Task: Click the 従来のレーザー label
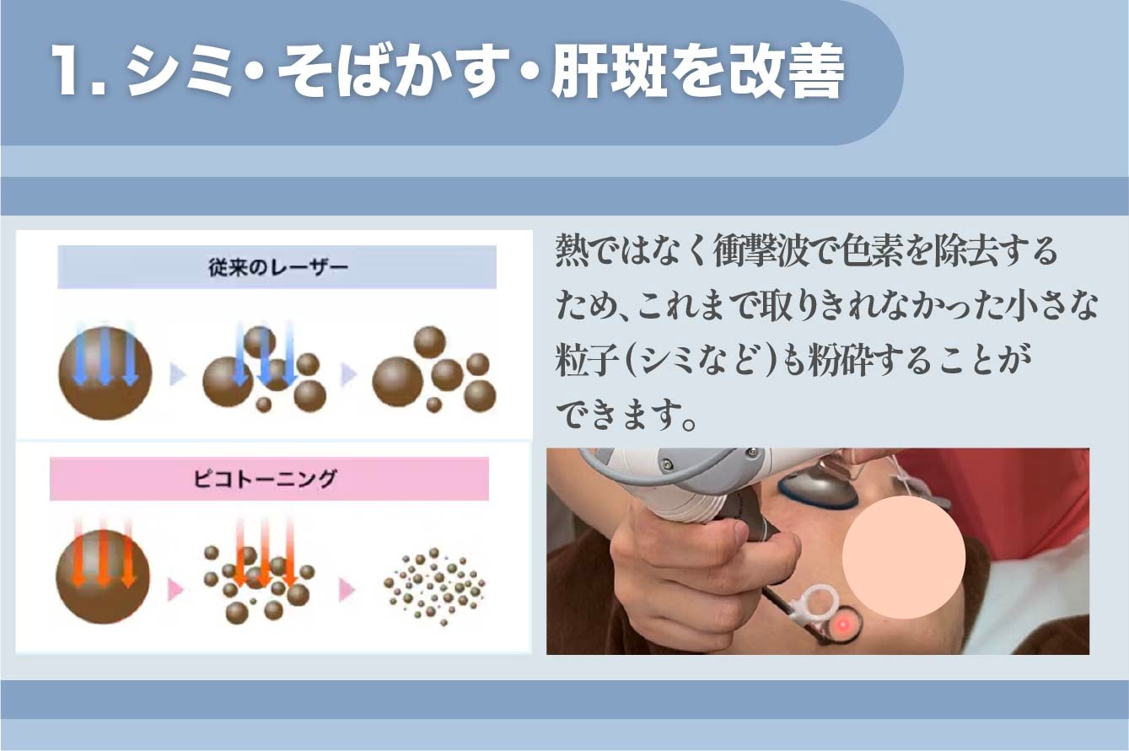pyautogui.click(x=277, y=268)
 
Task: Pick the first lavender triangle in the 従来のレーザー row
pyautogui.click(x=177, y=374)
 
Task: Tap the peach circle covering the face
pyautogui.click(x=904, y=557)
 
